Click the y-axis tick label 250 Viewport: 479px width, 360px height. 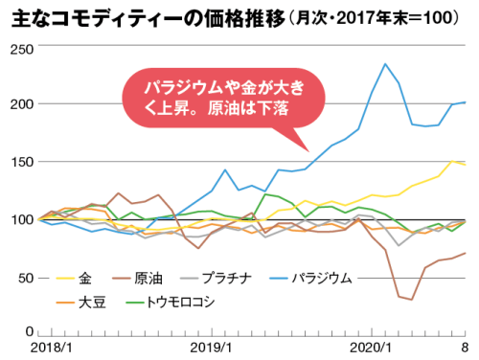17,47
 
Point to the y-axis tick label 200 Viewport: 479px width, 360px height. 17,103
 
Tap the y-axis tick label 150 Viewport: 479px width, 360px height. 17,162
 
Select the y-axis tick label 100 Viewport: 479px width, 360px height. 17,219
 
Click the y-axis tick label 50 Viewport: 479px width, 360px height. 21,278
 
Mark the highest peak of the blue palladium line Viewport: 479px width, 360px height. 385,64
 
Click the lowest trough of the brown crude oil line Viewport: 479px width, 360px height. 412,300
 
